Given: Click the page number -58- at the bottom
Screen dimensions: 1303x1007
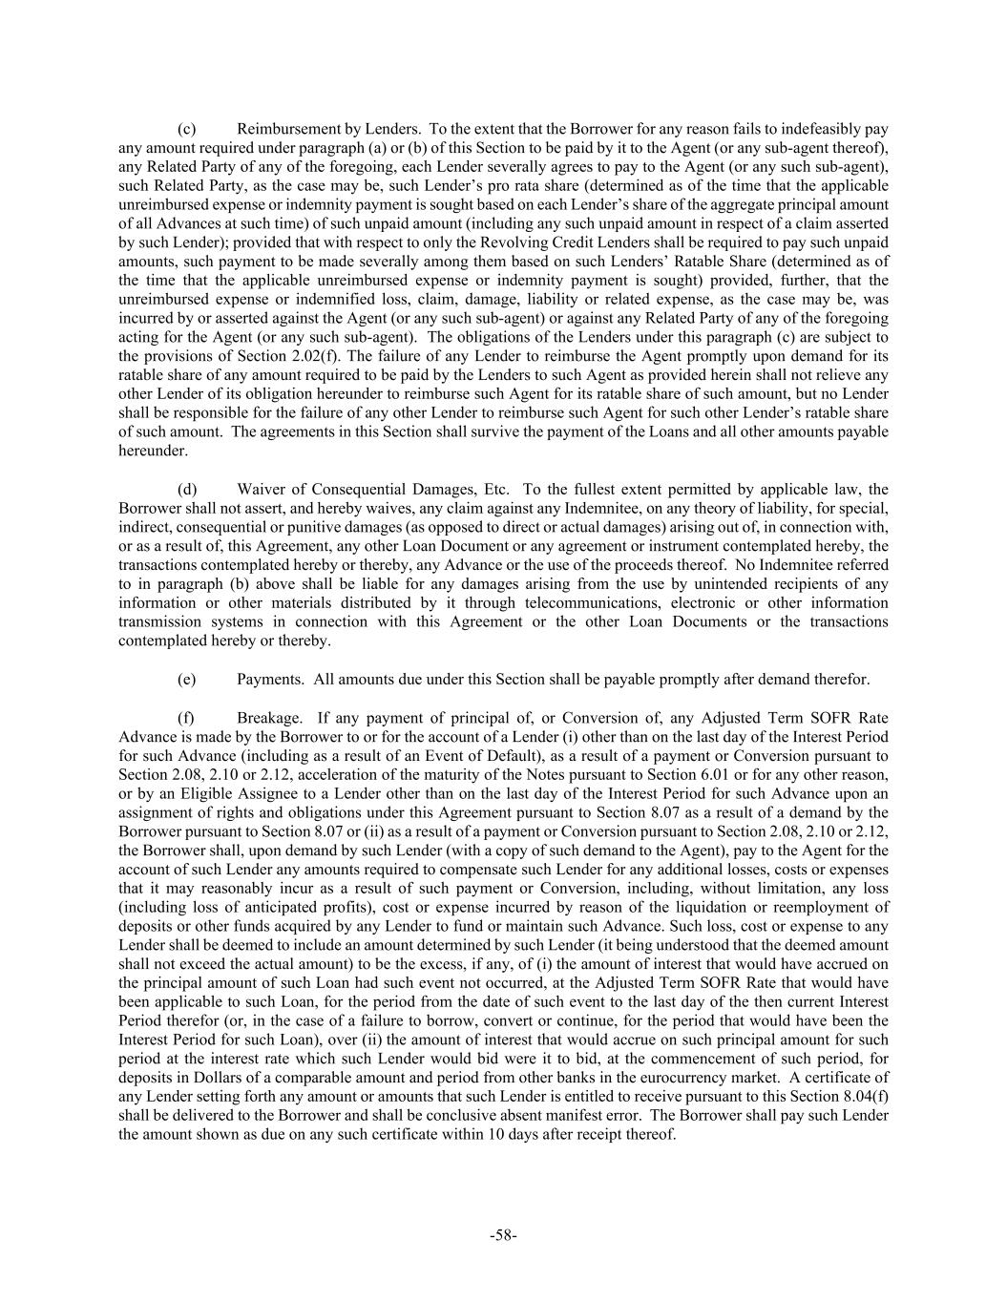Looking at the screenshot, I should click(503, 1235).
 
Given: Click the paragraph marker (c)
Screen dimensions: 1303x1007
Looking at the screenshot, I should click(187, 128).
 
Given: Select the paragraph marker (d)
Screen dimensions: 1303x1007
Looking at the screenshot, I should click(187, 489).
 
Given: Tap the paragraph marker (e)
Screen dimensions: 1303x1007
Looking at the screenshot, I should click(187, 680).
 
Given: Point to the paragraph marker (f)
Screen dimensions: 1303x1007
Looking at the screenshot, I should click(186, 718).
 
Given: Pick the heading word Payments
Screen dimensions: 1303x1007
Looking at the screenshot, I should click(270, 680).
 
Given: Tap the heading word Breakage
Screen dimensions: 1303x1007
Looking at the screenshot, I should click(270, 718).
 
